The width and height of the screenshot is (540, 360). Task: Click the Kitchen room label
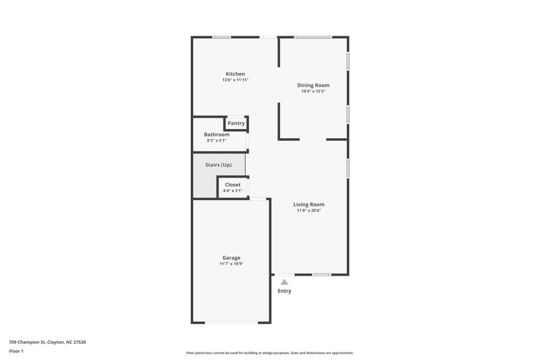tap(235, 74)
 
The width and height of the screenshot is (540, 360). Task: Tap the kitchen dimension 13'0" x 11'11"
tap(235, 80)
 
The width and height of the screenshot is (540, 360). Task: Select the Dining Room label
tap(313, 85)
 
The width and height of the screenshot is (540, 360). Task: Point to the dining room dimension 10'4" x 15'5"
tap(313, 92)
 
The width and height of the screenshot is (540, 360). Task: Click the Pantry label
tap(236, 123)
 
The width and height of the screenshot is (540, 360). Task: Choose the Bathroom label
tap(217, 134)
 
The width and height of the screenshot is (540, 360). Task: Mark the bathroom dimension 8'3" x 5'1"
tap(217, 140)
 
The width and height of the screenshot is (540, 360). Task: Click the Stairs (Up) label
tap(218, 165)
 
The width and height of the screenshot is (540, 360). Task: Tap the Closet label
tap(232, 184)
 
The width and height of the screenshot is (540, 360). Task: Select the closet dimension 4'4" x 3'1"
tap(232, 190)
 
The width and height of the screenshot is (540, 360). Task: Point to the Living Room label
tap(308, 204)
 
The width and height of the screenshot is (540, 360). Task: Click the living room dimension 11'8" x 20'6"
tap(308, 211)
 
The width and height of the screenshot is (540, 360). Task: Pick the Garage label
tap(232, 257)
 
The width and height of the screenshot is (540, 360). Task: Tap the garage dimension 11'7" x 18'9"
tap(232, 264)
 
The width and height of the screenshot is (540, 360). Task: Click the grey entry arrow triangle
tap(284, 282)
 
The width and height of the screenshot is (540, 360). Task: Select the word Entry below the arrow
tap(284, 291)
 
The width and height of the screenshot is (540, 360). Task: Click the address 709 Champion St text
tap(47, 342)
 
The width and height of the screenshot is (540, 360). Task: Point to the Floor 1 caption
tap(16, 351)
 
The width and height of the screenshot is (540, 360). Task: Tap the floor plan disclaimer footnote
tap(269, 353)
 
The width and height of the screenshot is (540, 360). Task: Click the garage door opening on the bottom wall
tap(231, 322)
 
